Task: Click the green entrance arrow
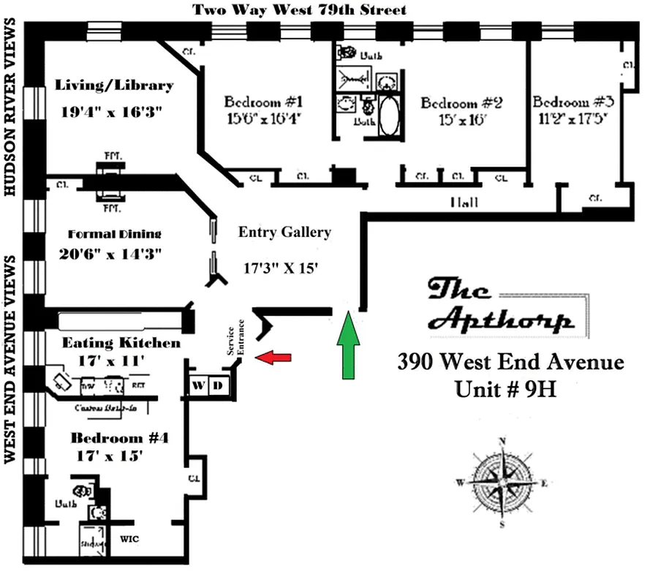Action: [350, 344]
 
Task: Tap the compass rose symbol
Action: [502, 480]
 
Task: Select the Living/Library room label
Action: [114, 86]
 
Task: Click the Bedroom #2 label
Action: [461, 103]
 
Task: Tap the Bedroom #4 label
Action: [120, 438]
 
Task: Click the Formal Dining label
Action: [114, 234]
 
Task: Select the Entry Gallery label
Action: [284, 233]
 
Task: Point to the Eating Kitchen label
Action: [121, 343]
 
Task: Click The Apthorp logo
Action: [500, 304]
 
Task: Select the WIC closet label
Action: [129, 540]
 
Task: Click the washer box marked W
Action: [200, 385]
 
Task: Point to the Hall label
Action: [464, 202]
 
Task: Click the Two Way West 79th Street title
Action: [299, 10]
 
